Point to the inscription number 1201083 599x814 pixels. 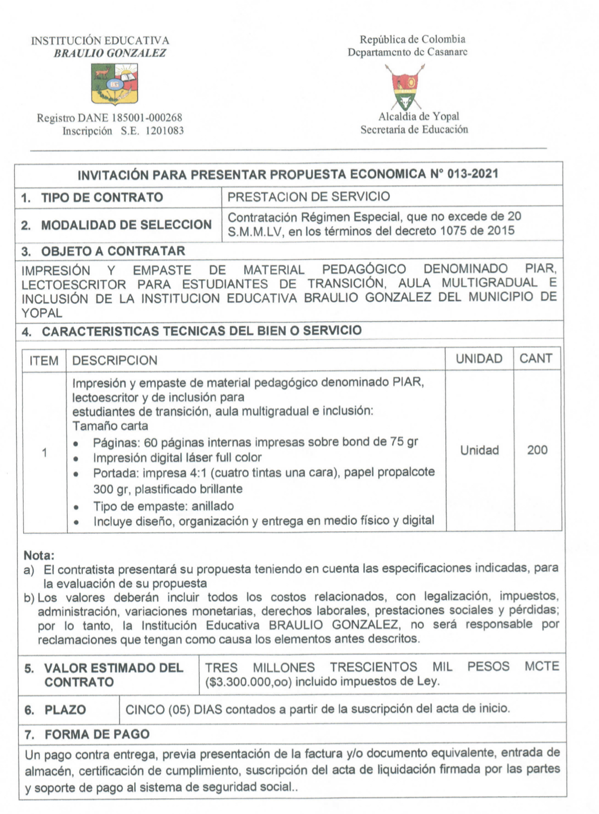[x=164, y=131]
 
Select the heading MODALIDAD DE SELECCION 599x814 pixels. [x=126, y=225]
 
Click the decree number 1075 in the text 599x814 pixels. [x=454, y=231]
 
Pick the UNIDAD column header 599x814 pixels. [x=479, y=359]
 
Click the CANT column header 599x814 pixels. [x=536, y=359]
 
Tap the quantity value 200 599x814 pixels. [x=537, y=450]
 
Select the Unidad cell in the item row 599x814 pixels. [x=479, y=450]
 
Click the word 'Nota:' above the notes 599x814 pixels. [x=39, y=555]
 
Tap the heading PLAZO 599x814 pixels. [x=65, y=710]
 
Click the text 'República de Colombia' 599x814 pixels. [x=413, y=39]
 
